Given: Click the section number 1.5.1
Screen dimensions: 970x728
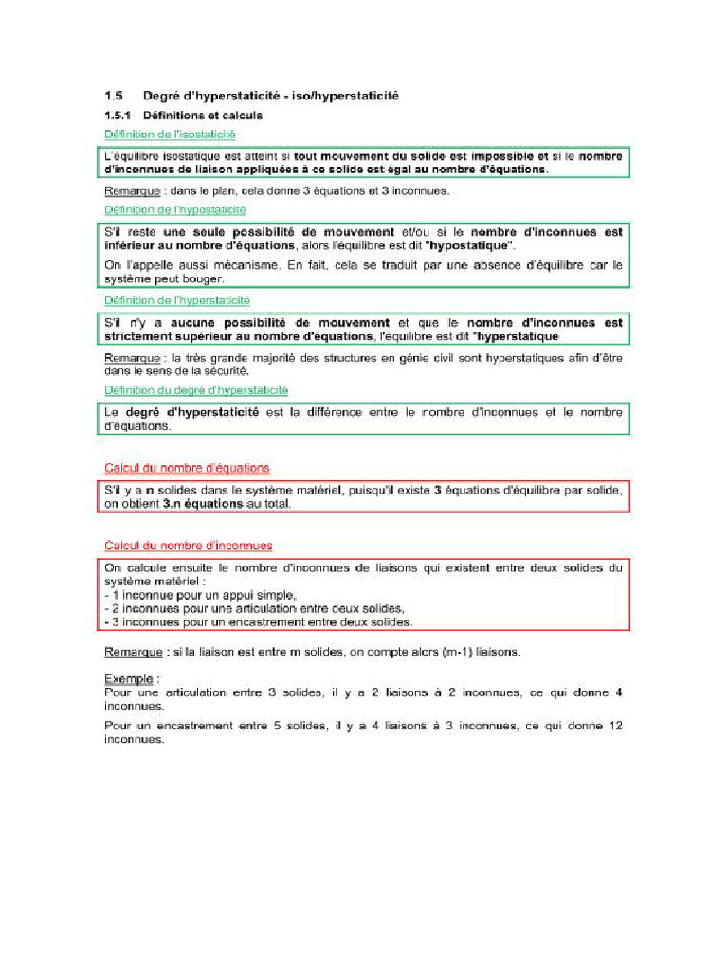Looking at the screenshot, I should (x=117, y=116).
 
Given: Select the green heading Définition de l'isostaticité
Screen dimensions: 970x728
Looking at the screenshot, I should (x=170, y=135).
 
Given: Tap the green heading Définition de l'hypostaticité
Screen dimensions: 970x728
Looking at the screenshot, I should (x=174, y=209).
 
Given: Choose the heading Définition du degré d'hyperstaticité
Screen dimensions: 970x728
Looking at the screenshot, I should (x=196, y=389).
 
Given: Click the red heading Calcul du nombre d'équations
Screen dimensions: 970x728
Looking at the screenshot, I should (x=187, y=468).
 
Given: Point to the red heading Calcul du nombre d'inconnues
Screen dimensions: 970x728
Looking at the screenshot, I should (x=188, y=546).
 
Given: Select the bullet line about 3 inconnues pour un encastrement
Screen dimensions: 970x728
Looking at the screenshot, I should (x=258, y=622).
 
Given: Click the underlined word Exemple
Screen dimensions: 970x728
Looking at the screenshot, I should (x=129, y=679).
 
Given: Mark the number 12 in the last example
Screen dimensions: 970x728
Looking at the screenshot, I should (x=614, y=726).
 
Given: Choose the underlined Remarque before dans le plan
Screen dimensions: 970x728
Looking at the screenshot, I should (x=131, y=190).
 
